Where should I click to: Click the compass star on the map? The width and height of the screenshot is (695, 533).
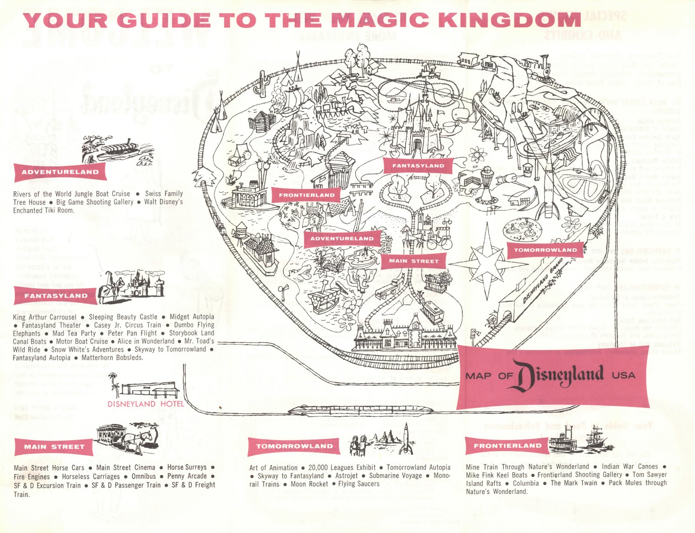pos(483,263)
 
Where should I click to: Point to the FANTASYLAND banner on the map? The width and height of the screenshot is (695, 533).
pos(418,165)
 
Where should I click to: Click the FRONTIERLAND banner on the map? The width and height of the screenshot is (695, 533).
pos(307,195)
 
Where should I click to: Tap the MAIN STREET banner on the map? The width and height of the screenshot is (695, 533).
pos(414,261)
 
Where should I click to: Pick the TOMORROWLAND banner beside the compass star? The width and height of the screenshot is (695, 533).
pos(545,250)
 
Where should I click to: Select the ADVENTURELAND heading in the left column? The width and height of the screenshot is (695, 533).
pos(60,172)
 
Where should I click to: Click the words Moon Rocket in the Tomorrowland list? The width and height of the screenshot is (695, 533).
pos(309,484)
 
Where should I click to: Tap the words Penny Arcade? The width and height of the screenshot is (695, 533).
pos(187,476)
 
